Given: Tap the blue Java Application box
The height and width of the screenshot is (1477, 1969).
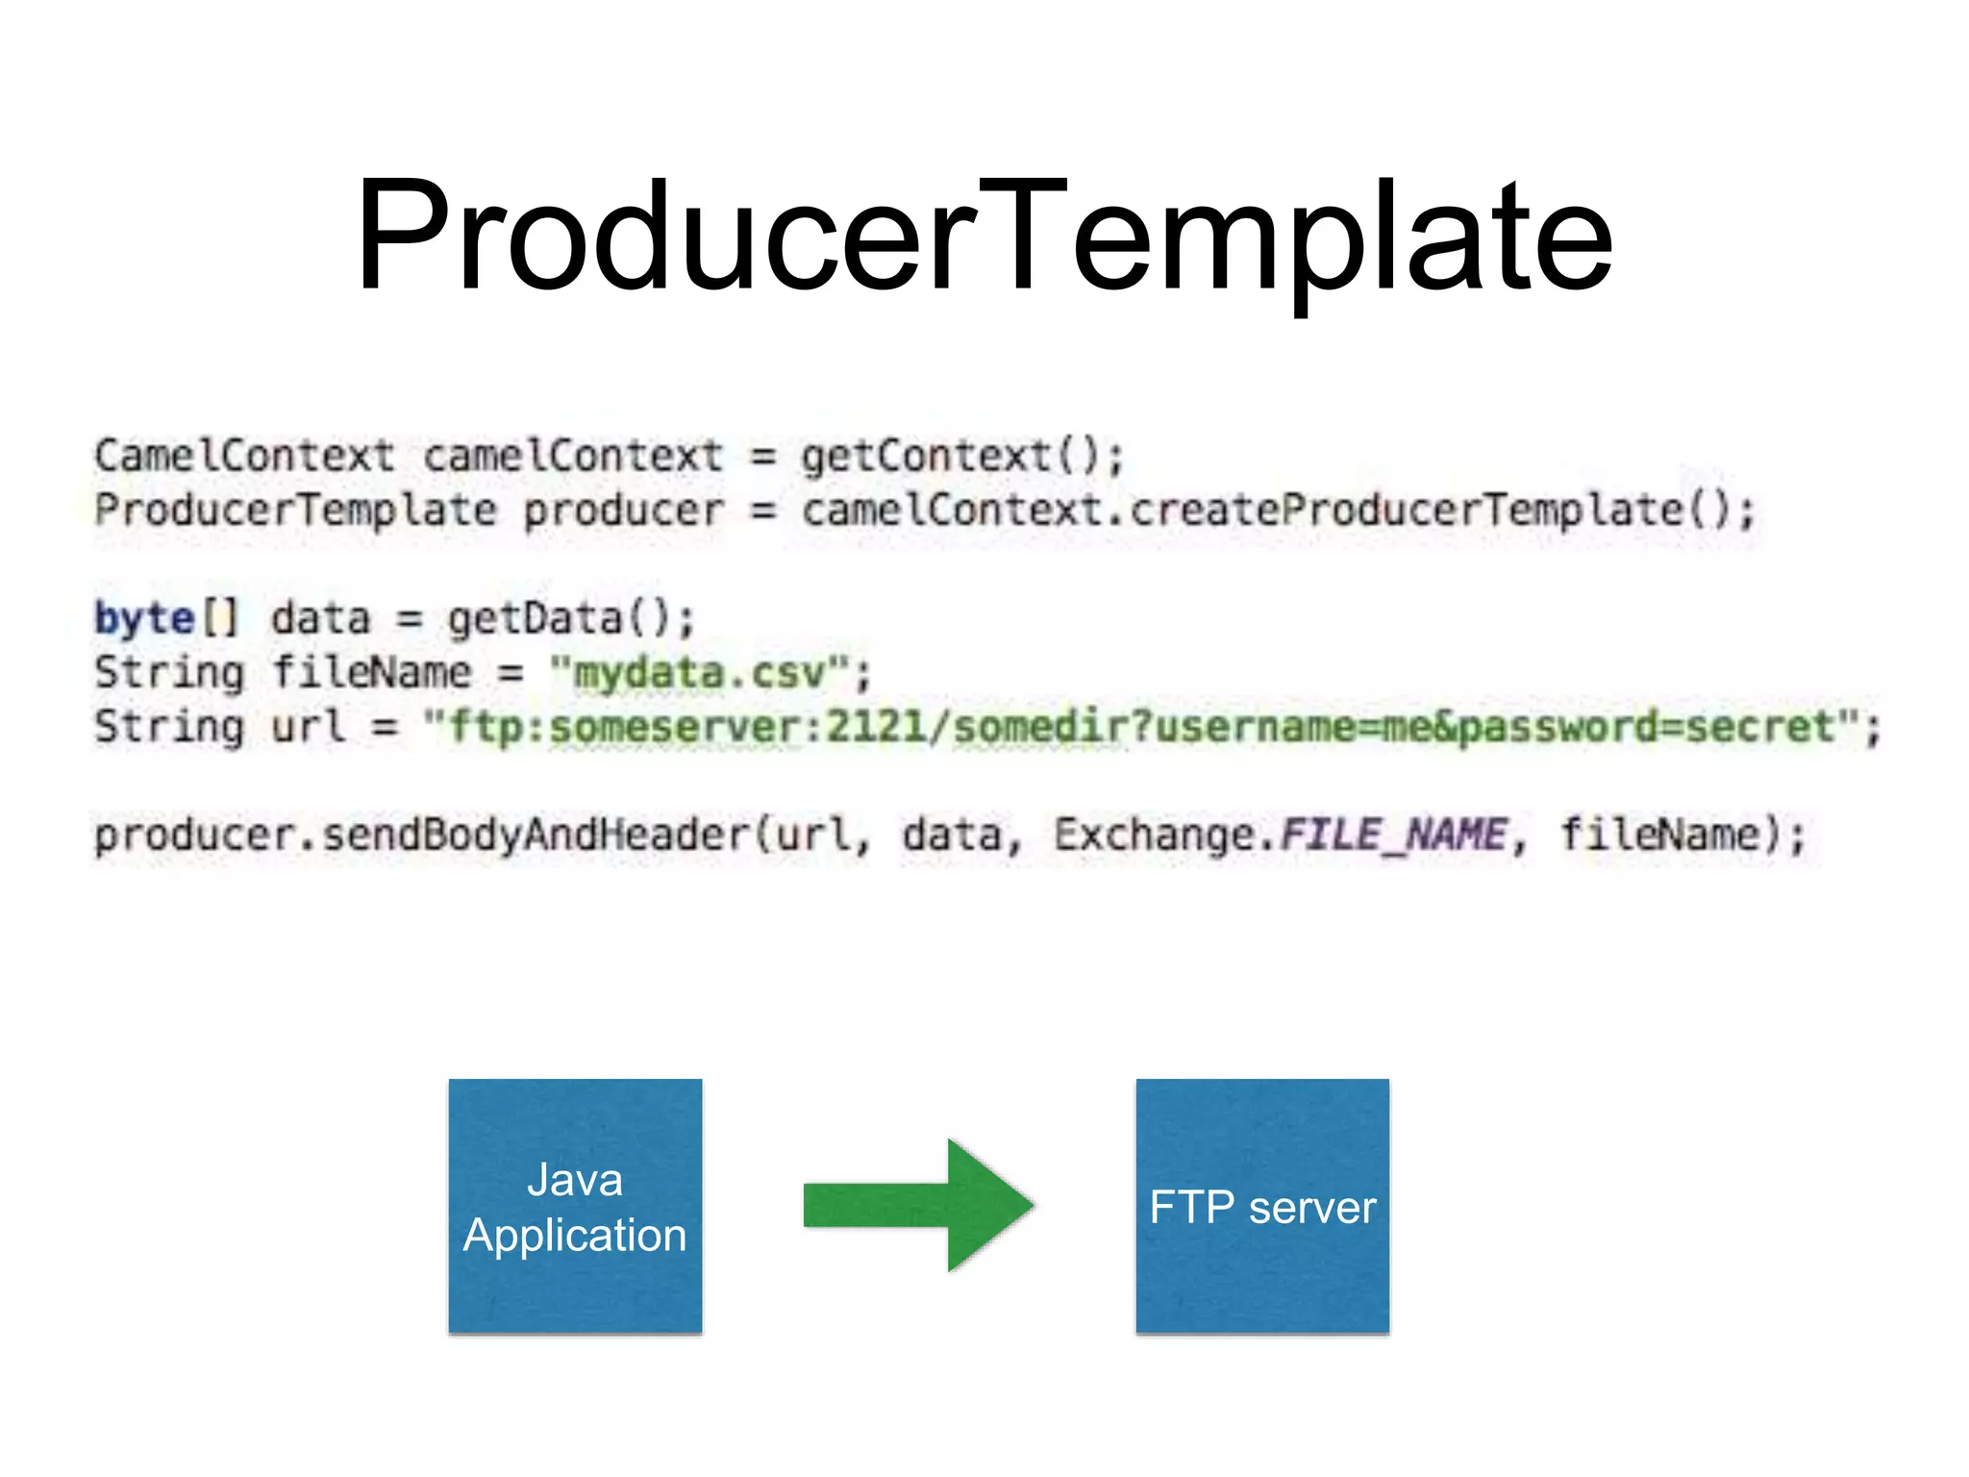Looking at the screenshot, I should tap(575, 1206).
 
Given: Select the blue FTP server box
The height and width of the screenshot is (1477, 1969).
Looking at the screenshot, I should tap(1262, 1206).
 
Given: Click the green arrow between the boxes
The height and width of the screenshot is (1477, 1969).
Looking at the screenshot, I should tap(919, 1205).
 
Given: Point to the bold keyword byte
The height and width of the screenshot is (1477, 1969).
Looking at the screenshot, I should tap(144, 617).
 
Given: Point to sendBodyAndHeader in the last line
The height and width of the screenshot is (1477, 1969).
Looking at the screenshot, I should tap(535, 834).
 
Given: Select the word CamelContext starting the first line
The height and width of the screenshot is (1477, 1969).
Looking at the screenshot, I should tap(244, 456).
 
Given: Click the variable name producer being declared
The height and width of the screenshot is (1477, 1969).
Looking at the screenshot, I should tap(623, 511).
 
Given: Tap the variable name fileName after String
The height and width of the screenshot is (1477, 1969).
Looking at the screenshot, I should tap(372, 672).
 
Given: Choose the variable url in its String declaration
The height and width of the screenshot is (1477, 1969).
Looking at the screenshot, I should tap(308, 726).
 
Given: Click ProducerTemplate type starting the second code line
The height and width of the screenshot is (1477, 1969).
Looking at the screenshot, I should tap(295, 511).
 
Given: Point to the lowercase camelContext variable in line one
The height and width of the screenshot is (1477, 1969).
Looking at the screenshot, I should tap(573, 456).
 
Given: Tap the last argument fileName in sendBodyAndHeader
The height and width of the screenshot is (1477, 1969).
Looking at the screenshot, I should tap(1658, 834).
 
